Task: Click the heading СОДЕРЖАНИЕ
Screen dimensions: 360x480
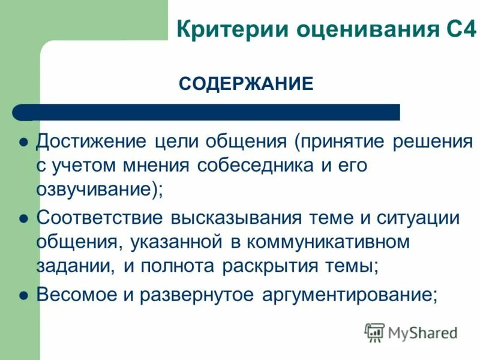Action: (246, 83)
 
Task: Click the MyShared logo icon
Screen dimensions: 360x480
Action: (374, 332)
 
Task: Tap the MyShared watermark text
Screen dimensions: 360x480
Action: (422, 332)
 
